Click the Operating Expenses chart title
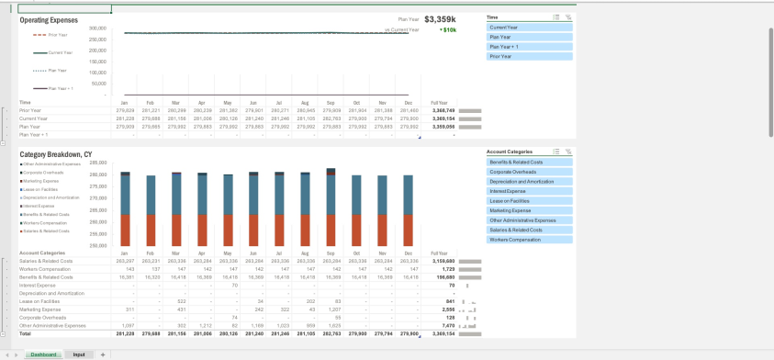tap(49, 19)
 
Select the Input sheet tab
tap(79, 354)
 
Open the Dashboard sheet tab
tap(43, 354)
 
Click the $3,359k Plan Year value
tap(440, 18)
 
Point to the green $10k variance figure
tap(448, 29)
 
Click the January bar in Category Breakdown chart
tap(125, 210)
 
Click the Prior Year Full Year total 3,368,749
tap(439, 110)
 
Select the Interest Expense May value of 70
tap(234, 286)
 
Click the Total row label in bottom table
tap(26, 333)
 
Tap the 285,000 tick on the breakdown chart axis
tap(97, 163)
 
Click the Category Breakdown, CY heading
tap(56, 154)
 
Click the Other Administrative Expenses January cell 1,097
tap(128, 325)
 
